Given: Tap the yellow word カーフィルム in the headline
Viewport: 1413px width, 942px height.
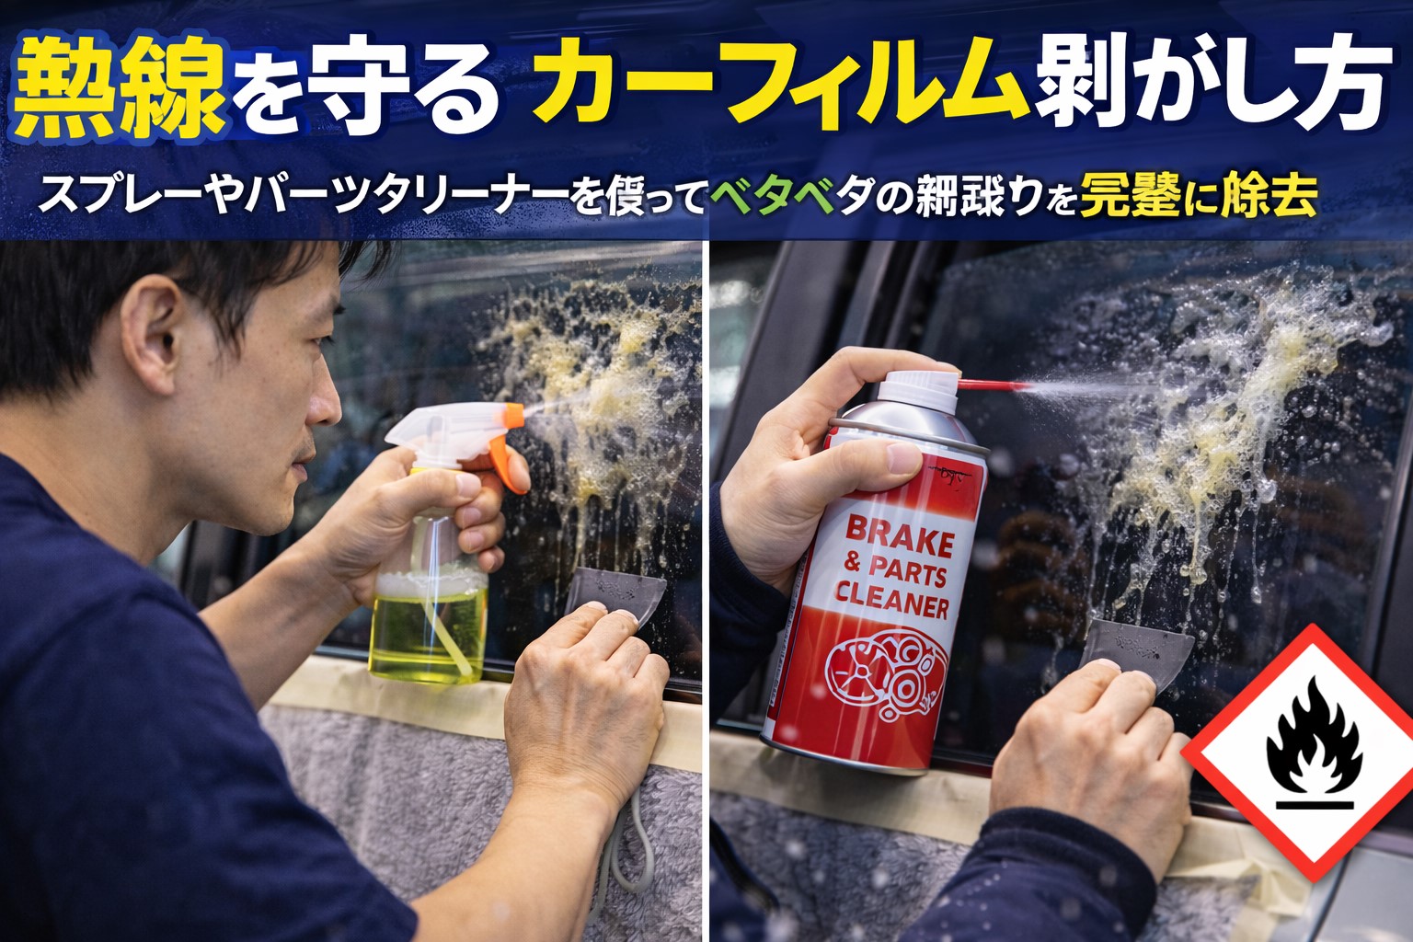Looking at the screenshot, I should coord(782,85).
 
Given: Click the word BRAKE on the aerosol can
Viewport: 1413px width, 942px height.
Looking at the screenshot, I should coord(899,538).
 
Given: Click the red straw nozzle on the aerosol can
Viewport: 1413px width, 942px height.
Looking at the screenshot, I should coord(994,384).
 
